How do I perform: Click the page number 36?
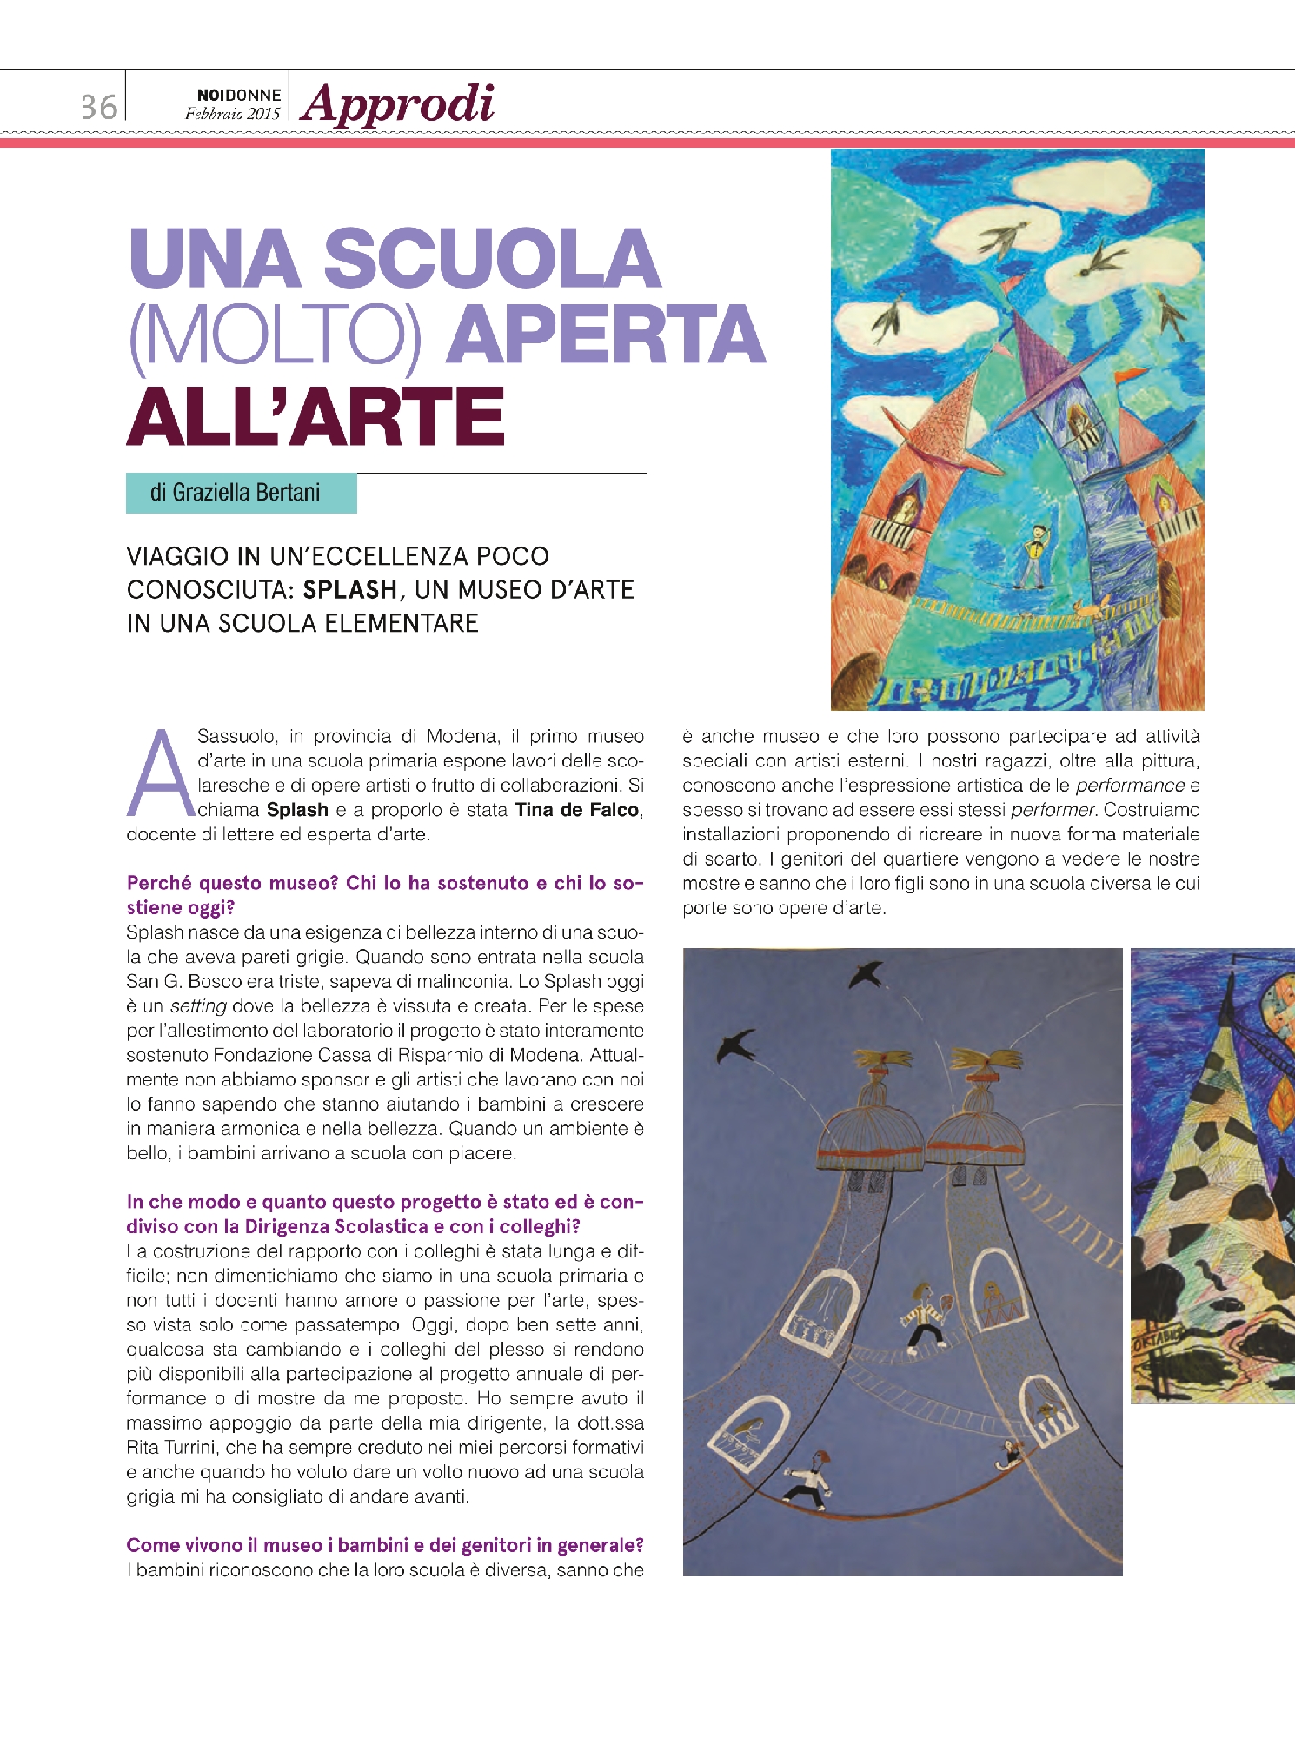click(x=98, y=107)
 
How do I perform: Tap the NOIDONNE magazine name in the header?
click(x=238, y=95)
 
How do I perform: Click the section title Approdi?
click(x=398, y=104)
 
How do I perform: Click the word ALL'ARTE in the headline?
click(x=315, y=416)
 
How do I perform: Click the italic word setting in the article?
click(x=198, y=1006)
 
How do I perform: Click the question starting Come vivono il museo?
click(x=385, y=1546)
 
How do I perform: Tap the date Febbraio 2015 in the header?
click(x=232, y=114)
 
